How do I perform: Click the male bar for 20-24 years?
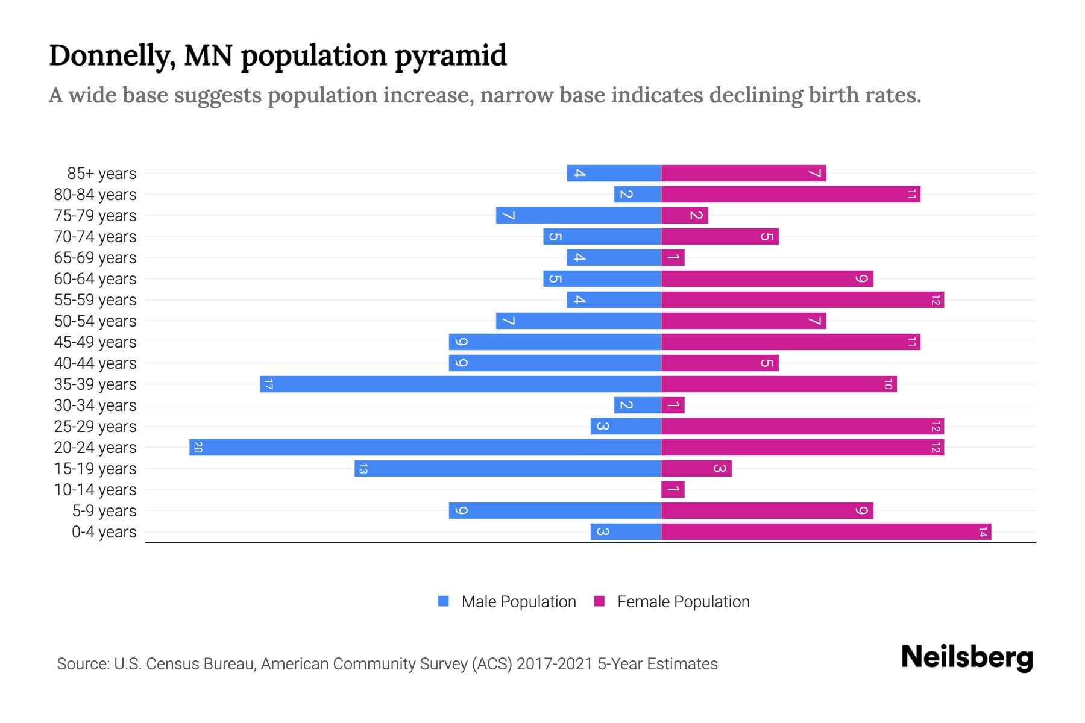coord(425,447)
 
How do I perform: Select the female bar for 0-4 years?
coord(826,531)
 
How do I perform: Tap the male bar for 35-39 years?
coord(461,384)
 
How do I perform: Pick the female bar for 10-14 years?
coord(673,489)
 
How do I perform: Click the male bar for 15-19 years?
coord(508,468)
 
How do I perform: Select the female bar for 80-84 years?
coord(790,194)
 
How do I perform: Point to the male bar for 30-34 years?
coord(637,405)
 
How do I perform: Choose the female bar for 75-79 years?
coord(684,215)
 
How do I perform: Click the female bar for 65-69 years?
coord(673,257)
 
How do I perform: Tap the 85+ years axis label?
coord(101,174)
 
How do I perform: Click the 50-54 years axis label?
coord(95,321)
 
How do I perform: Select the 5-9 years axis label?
coord(104,511)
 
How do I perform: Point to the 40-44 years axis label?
coord(95,363)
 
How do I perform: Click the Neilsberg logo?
coord(967,657)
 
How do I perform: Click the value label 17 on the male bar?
coord(269,384)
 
